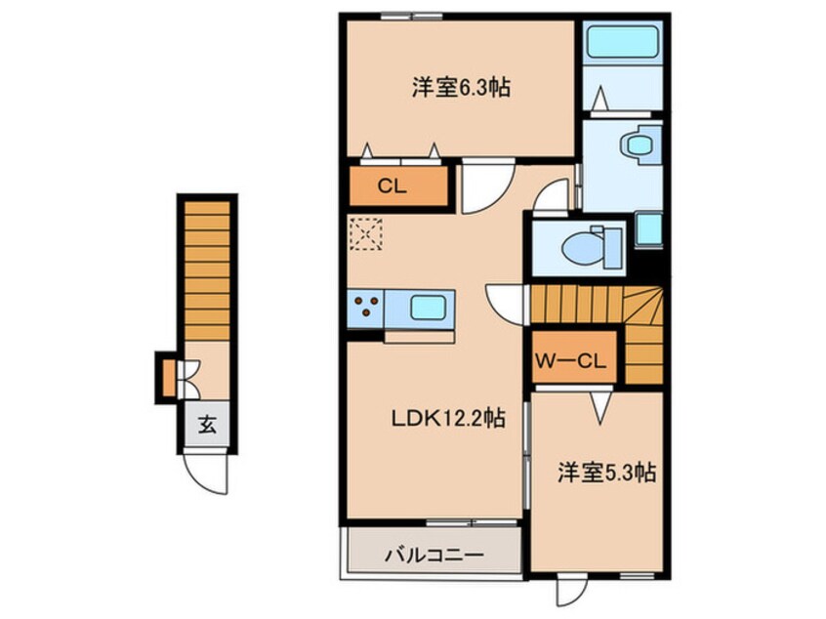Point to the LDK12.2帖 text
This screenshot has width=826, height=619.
pyautogui.click(x=449, y=419)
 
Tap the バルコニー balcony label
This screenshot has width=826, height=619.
pyautogui.click(x=433, y=554)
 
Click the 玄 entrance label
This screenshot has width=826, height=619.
pyautogui.click(x=207, y=425)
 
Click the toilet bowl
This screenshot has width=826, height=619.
pyautogui.click(x=588, y=246)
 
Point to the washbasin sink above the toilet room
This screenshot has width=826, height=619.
pyautogui.click(x=640, y=145)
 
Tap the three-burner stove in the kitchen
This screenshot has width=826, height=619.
pyautogui.click(x=366, y=308)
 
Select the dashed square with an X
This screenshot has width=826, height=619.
pyautogui.click(x=365, y=234)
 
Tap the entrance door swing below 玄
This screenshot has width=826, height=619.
pyautogui.click(x=207, y=475)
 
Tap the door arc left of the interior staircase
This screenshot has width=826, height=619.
pyautogui.click(x=507, y=302)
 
